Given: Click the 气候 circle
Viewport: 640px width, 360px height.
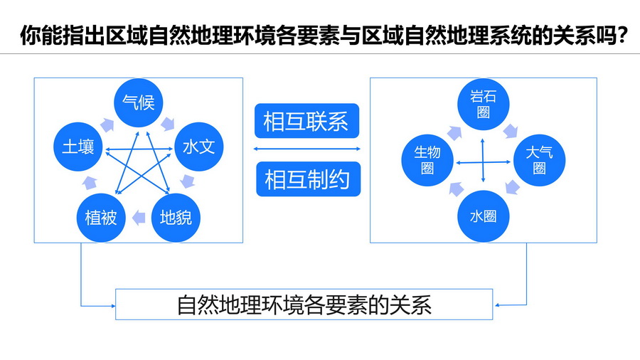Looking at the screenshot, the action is coord(138,102).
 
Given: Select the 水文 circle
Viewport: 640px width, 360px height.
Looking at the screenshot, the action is coord(199,147).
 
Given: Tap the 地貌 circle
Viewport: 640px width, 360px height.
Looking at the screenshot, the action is coord(176,218).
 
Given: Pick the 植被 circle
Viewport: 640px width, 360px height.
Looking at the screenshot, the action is coord(101,218).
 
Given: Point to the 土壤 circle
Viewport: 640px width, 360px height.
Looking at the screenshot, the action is coord(78,147).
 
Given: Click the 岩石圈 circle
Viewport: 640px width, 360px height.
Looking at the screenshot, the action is coord(484,105).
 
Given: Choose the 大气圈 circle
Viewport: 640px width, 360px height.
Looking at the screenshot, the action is coord(539,160).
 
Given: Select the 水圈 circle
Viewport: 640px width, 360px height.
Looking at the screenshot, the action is coord(484,216).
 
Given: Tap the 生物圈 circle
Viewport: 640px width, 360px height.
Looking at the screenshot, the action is coord(427,160).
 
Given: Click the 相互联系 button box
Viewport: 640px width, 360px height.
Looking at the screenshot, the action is coord(307,121).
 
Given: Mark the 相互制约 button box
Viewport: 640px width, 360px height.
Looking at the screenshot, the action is coord(308,179).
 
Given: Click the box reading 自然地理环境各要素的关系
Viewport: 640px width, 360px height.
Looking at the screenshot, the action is coord(304,305).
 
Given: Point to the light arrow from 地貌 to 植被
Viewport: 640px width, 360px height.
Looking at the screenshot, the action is coord(139,218).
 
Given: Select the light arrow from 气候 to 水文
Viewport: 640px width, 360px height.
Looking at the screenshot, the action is coord(168,124).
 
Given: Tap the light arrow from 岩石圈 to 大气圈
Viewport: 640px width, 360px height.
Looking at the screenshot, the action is coord(510,132).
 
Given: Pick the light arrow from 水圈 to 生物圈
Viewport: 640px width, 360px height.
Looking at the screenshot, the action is coord(457,189).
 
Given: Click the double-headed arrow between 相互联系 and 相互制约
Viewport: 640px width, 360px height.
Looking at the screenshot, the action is coord(307,149).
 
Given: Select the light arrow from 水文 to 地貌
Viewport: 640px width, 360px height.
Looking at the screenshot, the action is coord(187,181).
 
